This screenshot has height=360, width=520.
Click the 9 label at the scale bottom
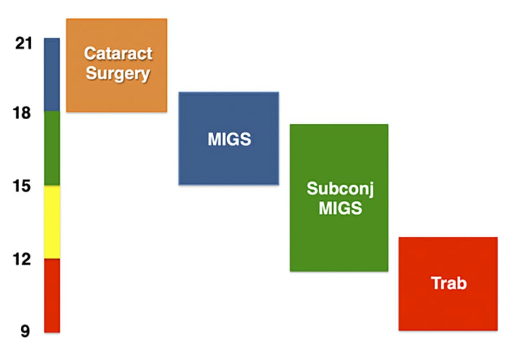click(25, 331)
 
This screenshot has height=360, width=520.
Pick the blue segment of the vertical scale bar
click(52, 74)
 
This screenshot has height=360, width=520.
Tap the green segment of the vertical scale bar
click(52, 148)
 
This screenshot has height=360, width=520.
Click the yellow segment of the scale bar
click(52, 222)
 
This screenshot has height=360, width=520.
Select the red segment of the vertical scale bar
click(52, 295)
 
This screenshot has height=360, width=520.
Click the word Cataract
click(118, 54)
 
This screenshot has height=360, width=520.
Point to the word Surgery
click(118, 73)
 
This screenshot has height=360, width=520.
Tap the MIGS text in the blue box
click(229, 139)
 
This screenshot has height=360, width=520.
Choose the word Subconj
click(340, 188)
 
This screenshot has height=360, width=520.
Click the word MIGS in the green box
click(340, 208)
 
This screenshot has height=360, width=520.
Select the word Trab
click(449, 284)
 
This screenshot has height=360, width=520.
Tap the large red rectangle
click(448, 310)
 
